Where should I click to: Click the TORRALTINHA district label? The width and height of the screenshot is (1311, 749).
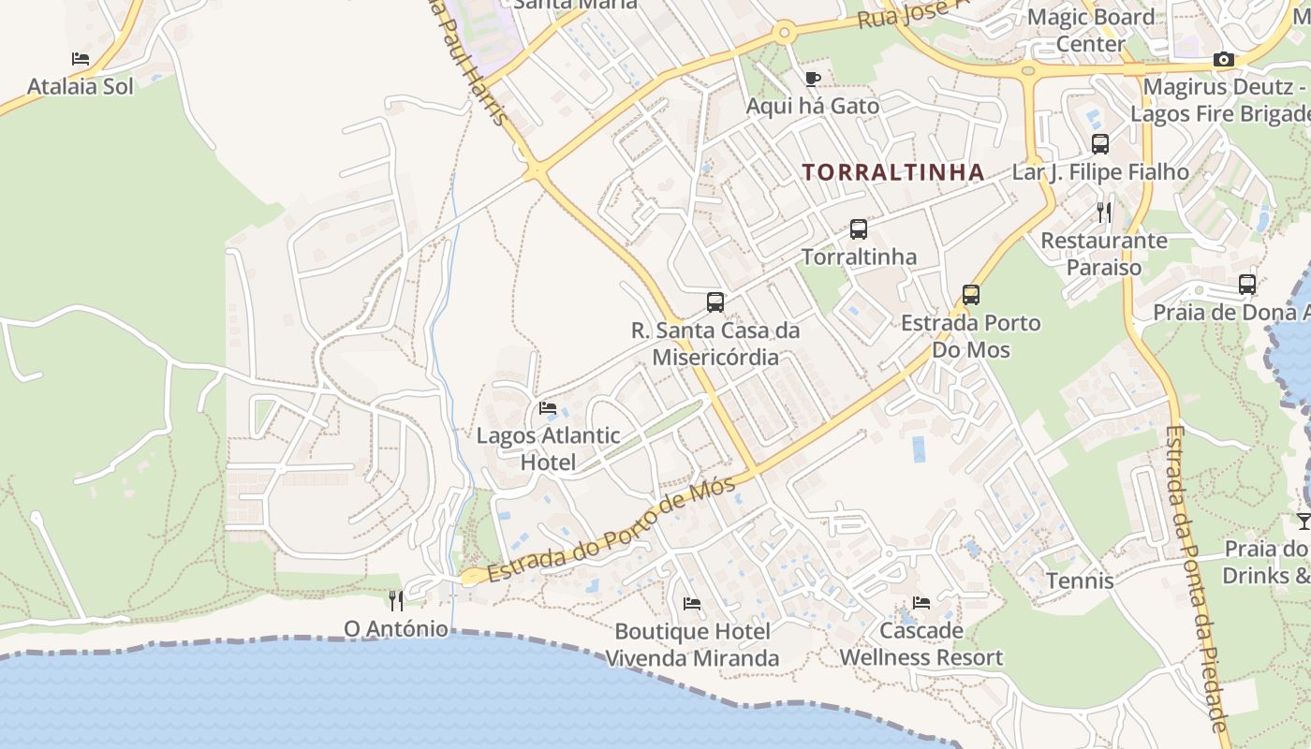click(x=892, y=172)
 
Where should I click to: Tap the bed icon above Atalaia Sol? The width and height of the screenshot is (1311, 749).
click(x=81, y=58)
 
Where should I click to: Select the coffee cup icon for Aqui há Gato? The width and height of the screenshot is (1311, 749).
click(x=812, y=79)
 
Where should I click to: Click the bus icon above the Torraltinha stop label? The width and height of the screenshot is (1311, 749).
click(x=858, y=228)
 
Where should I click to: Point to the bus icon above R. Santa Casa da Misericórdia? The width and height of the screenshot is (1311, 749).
click(x=715, y=301)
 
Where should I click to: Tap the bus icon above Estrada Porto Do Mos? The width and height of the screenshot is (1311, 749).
click(x=971, y=295)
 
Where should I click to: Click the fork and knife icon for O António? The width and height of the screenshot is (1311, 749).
click(x=396, y=600)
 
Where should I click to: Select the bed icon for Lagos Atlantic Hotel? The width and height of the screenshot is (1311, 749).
click(x=548, y=408)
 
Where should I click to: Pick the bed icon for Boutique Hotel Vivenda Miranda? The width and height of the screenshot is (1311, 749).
click(x=692, y=603)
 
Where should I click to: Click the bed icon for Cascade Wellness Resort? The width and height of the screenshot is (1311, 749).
click(x=921, y=602)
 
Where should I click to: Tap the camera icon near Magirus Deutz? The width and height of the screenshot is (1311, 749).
click(x=1223, y=60)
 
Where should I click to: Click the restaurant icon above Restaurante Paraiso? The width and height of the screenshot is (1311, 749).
click(x=1104, y=213)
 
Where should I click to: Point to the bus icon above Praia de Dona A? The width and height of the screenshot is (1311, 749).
click(x=1246, y=285)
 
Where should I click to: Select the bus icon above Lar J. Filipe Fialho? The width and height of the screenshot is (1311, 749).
click(x=1100, y=144)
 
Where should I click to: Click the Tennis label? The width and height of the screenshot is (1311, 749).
click(x=1080, y=580)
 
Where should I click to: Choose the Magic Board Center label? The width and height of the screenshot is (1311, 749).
click(x=1091, y=30)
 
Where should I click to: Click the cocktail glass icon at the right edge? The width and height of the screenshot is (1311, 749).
click(x=1304, y=521)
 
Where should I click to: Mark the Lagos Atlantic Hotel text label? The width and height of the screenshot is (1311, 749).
click(x=548, y=448)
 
